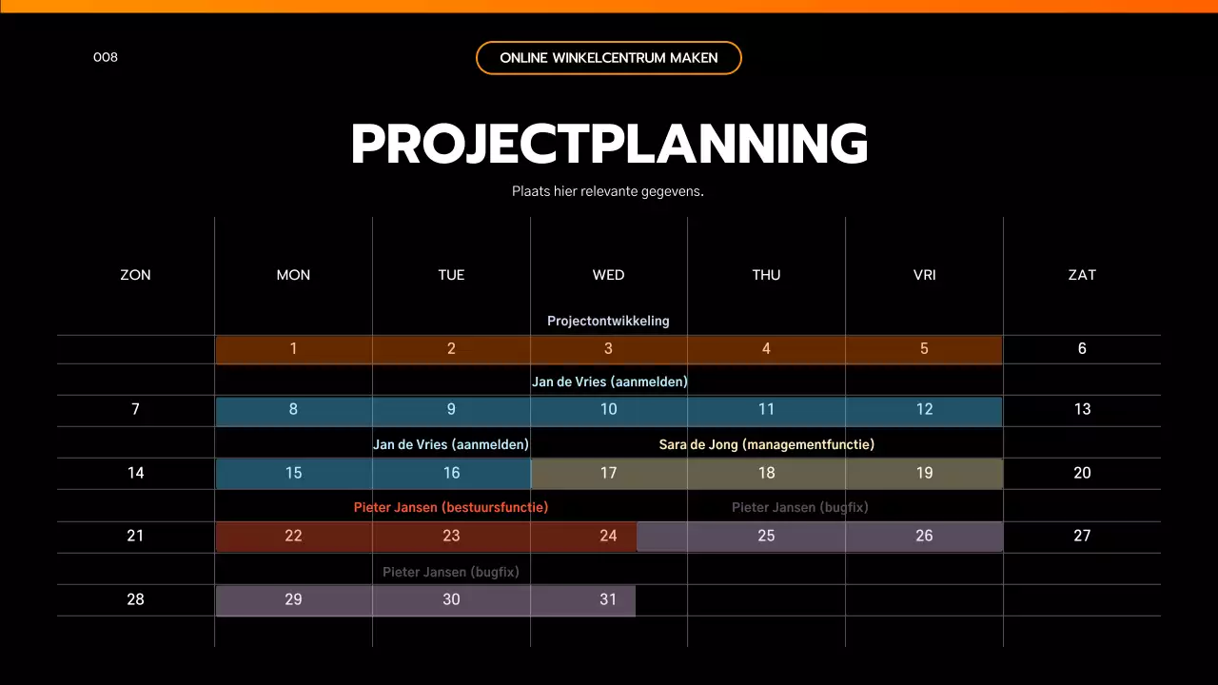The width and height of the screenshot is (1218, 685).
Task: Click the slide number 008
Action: (x=106, y=57)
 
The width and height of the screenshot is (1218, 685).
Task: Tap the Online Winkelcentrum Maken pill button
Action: (x=609, y=58)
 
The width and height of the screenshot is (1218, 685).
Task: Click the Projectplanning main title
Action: (x=609, y=145)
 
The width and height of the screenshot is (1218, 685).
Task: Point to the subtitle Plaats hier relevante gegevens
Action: (x=608, y=191)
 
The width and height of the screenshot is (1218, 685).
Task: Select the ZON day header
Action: (x=135, y=275)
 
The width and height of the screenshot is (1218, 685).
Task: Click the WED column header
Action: (x=609, y=275)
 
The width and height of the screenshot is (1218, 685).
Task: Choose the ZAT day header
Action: (x=1082, y=275)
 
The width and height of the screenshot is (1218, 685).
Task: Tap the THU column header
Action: (x=766, y=275)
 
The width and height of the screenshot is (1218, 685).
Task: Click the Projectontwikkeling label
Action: (x=608, y=321)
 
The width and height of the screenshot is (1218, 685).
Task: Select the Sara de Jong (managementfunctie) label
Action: (x=766, y=444)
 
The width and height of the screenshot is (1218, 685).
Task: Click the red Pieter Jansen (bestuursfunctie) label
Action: (x=451, y=507)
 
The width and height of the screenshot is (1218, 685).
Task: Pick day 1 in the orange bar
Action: (x=293, y=349)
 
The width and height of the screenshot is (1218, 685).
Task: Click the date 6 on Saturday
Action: (x=1082, y=349)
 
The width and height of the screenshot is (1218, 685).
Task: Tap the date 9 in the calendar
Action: (x=451, y=410)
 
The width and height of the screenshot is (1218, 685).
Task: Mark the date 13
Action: (x=1082, y=410)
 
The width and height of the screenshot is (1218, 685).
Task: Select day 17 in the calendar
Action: (x=609, y=473)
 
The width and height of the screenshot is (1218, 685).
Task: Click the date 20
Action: (x=1082, y=473)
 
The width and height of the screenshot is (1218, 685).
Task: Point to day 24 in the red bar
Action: (x=609, y=537)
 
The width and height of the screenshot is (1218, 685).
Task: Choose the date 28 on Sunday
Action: (x=135, y=599)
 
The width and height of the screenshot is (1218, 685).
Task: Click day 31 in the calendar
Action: (x=609, y=599)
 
